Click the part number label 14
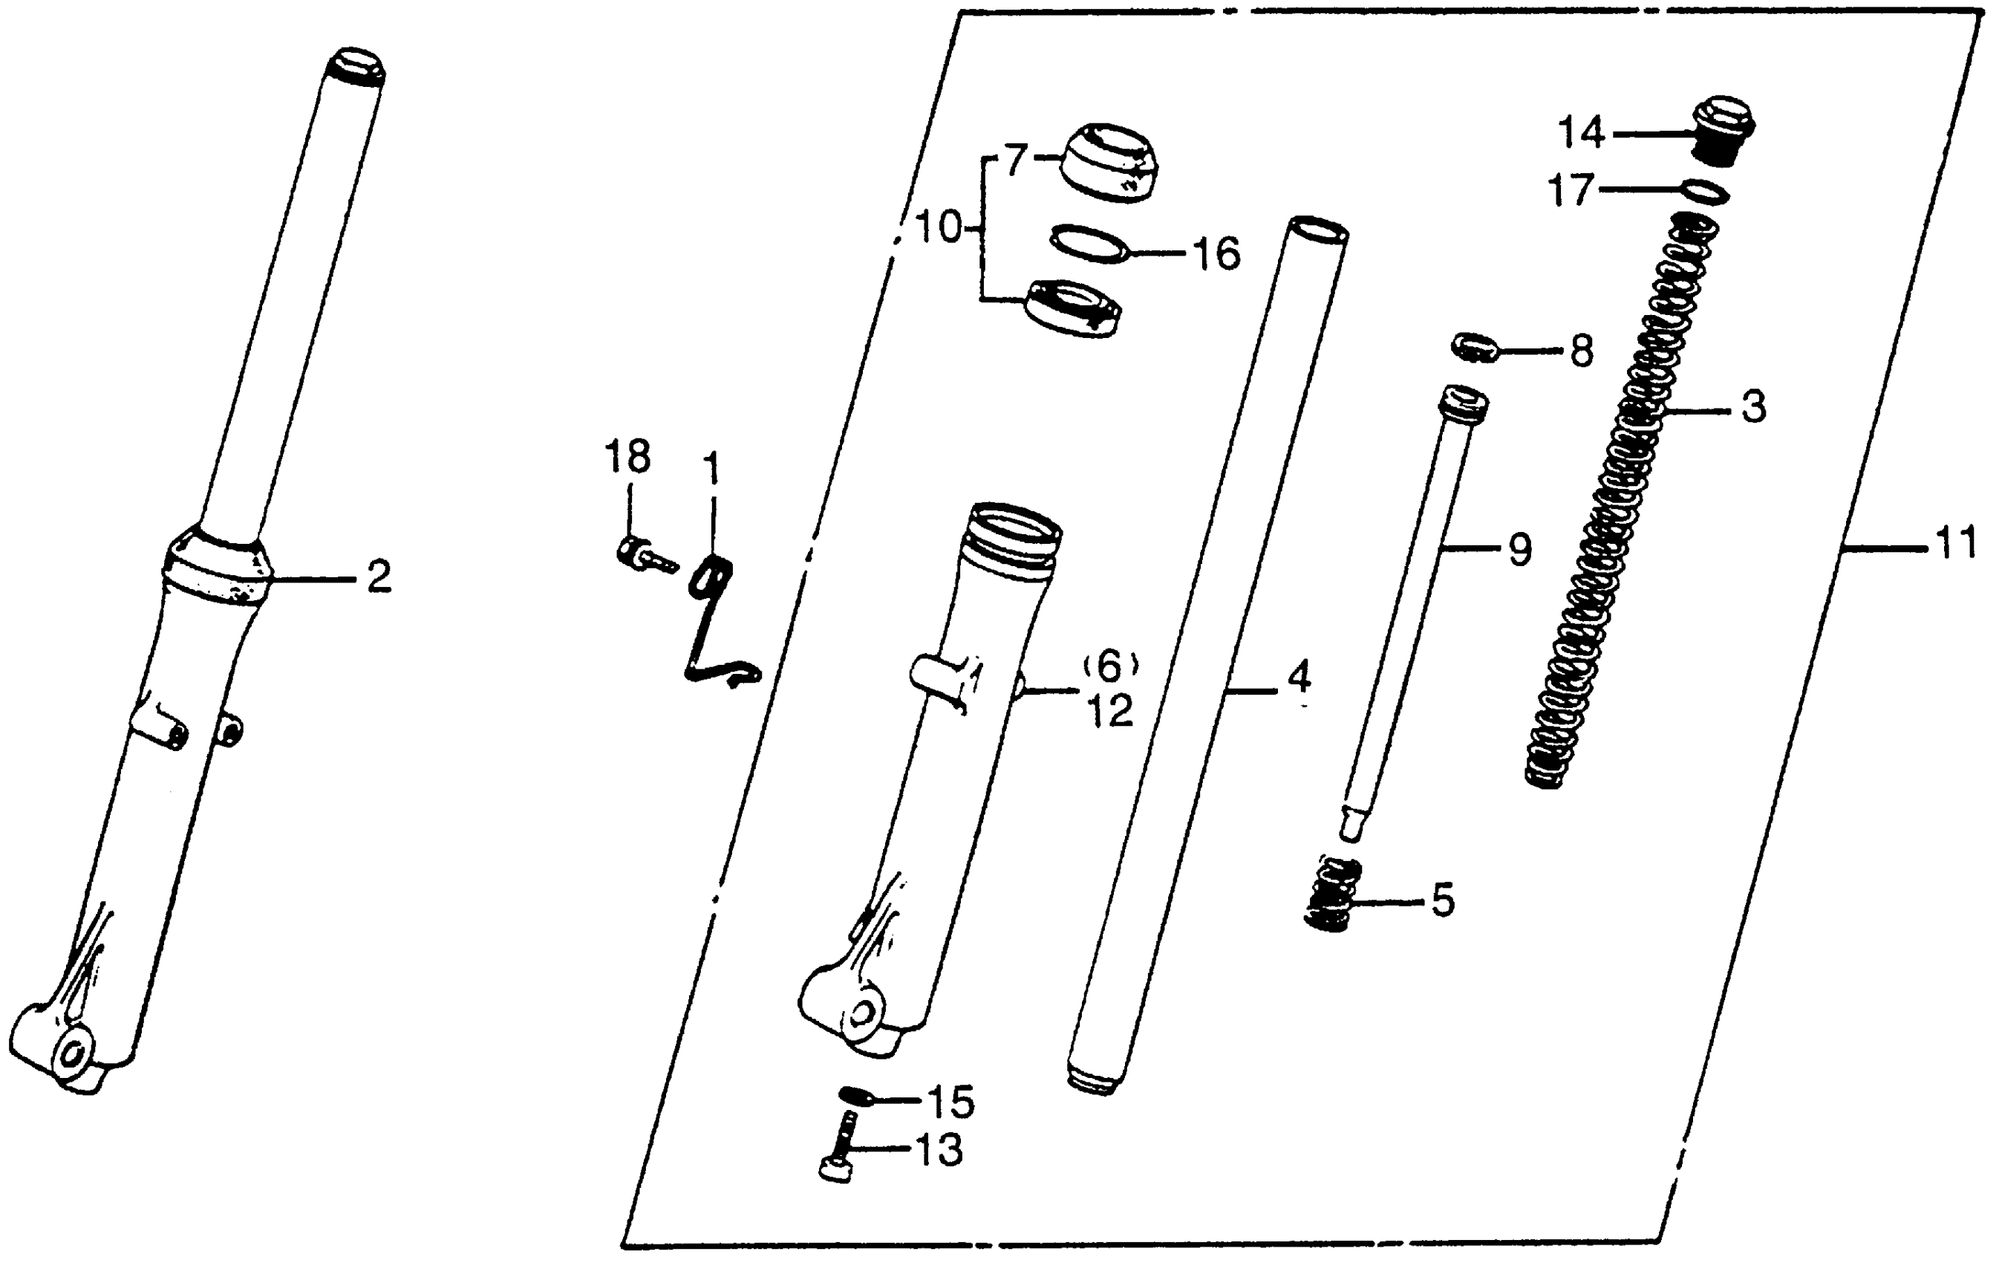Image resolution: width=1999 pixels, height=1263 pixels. (1582, 134)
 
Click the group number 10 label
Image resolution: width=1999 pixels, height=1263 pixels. (938, 226)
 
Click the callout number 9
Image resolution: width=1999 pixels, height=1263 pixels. (1519, 549)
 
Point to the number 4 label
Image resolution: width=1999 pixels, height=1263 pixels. (1299, 677)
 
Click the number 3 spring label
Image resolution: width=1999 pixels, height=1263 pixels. (1752, 408)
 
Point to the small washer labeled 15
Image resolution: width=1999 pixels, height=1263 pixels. (853, 1096)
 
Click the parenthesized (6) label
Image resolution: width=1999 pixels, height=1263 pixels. (1111, 665)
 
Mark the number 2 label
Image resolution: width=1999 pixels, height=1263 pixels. (379, 577)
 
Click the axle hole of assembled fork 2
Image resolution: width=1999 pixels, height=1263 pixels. (70, 1056)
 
